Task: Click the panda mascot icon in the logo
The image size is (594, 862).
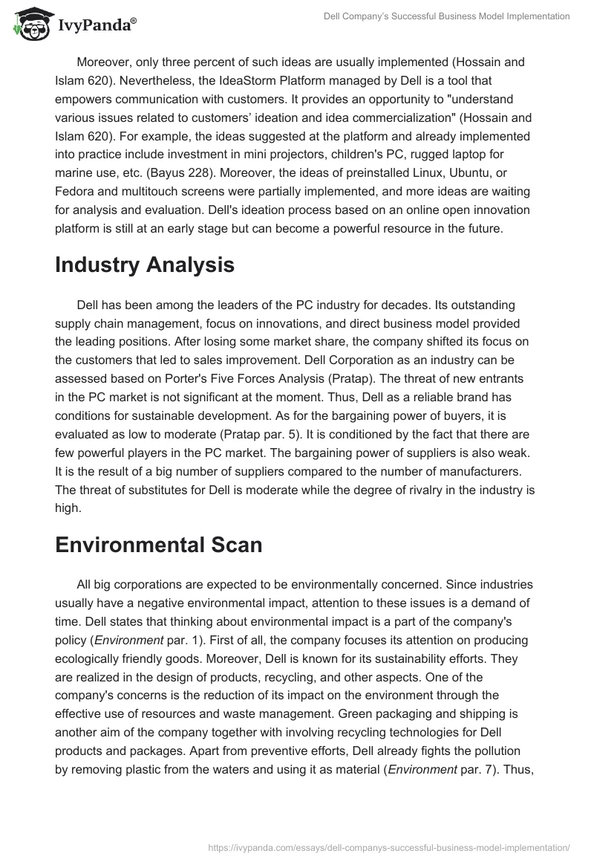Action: [x=30, y=25]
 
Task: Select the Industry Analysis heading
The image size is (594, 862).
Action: [x=144, y=265]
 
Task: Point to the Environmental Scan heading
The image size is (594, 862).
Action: [x=158, y=544]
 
